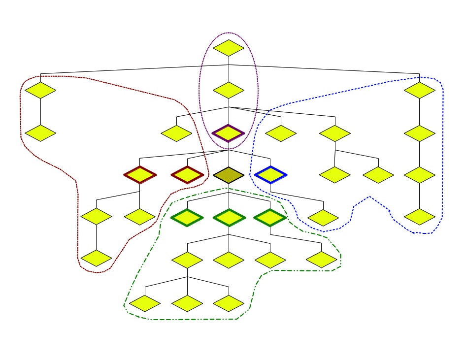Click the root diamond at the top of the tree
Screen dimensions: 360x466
coord(229,48)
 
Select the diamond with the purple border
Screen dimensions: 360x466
coord(229,133)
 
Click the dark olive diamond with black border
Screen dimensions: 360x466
coord(229,175)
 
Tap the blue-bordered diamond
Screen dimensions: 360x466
coord(270,175)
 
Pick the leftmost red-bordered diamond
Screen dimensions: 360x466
coord(140,175)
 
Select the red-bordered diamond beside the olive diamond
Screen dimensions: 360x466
coord(187,175)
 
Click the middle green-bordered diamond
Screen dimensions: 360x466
coord(229,217)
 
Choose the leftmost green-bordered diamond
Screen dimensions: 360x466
coord(187,217)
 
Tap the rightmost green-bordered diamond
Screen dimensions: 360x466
coord(270,217)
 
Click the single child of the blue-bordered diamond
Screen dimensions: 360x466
coord(323,217)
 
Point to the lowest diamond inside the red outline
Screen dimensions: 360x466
coord(97,258)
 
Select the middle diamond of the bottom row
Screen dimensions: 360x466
coord(187,303)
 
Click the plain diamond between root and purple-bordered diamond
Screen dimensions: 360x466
coord(229,90)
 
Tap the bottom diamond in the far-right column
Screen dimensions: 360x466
coord(420,217)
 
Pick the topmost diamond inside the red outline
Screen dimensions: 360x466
coord(40,90)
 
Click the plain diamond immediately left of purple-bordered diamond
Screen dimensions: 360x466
coord(176,133)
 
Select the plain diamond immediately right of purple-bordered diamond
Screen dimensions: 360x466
coord(281,133)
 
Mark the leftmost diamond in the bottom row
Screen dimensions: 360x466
coord(145,303)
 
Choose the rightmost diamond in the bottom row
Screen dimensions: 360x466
coord(229,303)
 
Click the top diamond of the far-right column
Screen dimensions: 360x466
coord(420,90)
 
